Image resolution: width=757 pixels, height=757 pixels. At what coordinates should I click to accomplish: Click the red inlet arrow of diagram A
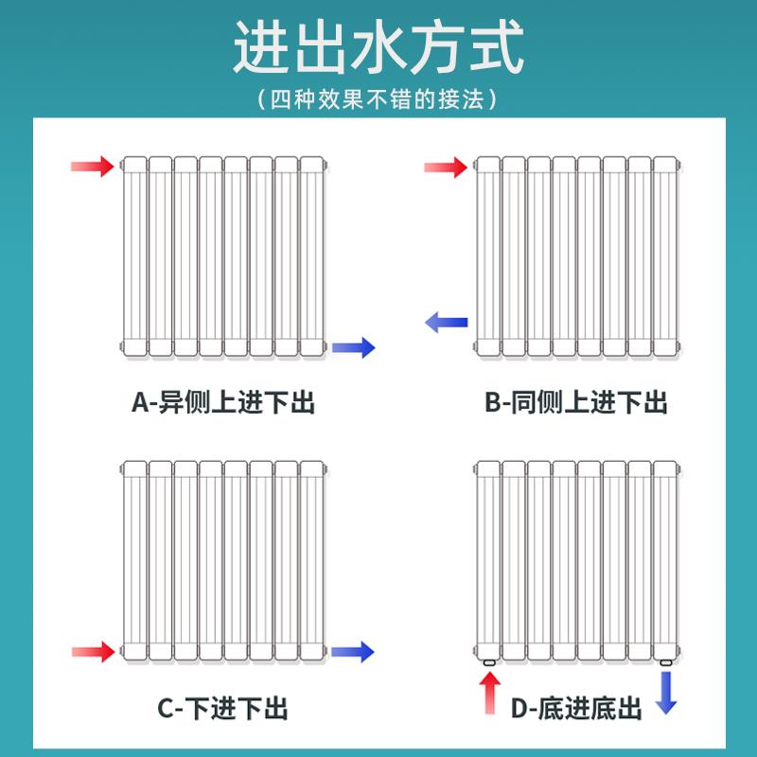(x=93, y=167)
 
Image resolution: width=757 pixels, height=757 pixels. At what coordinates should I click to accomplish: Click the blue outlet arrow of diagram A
(x=355, y=347)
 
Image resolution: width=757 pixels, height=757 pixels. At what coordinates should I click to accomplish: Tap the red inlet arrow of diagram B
(x=445, y=168)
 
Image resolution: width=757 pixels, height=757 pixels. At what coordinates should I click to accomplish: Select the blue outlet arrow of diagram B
(x=446, y=323)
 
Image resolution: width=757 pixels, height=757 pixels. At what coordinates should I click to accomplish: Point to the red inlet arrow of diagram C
(x=93, y=651)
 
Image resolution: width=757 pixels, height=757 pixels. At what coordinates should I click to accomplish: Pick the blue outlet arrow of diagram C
(x=353, y=651)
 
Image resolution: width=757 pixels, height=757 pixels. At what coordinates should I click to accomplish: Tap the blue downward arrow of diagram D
(x=667, y=693)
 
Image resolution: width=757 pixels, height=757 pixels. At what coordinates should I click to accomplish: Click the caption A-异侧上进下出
(x=222, y=403)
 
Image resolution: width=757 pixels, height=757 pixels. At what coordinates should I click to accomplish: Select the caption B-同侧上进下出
(x=576, y=403)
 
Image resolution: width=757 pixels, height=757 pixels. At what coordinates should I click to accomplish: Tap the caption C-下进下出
(x=222, y=708)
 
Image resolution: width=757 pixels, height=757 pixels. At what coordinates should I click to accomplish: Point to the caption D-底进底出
(x=577, y=709)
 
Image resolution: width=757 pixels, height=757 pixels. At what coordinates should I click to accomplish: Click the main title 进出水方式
(x=378, y=49)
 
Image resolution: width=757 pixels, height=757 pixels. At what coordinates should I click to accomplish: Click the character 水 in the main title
(x=378, y=49)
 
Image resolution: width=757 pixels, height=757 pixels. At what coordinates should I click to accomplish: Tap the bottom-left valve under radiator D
(x=488, y=664)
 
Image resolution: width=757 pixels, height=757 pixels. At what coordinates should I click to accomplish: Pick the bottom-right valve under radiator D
(x=667, y=664)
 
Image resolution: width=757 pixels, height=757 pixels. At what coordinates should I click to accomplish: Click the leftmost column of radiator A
(x=134, y=255)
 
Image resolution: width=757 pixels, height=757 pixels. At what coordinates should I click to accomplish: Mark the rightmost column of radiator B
(x=665, y=255)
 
